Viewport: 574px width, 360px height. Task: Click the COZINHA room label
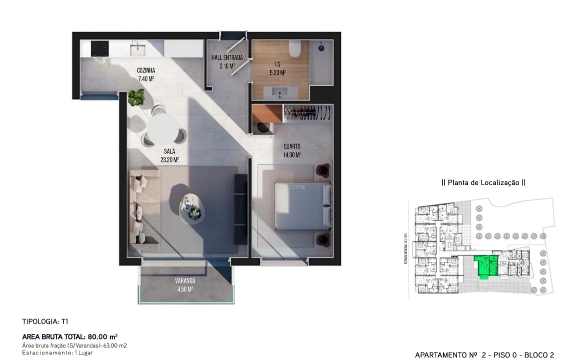pyautogui.click(x=146, y=70)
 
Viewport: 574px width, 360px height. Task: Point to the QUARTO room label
pyautogui.click(x=292, y=146)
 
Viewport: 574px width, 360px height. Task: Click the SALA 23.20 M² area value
pyautogui.click(x=169, y=160)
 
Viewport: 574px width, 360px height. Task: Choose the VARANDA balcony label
pyautogui.click(x=184, y=280)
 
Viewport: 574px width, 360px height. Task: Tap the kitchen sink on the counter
pyautogui.click(x=136, y=48)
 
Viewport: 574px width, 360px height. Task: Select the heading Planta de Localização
pyautogui.click(x=483, y=183)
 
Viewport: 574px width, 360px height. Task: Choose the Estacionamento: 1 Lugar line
pyautogui.click(x=57, y=352)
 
